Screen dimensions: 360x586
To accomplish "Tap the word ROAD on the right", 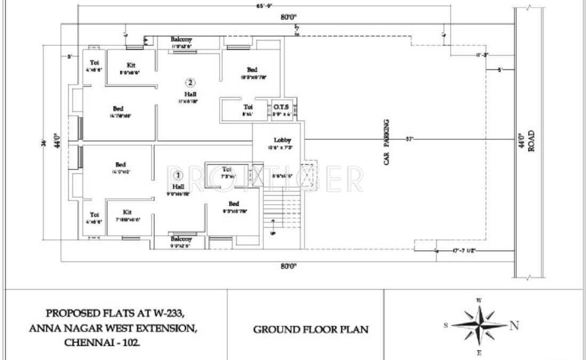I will click(x=531, y=142).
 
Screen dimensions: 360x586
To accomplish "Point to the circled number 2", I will click(x=190, y=82).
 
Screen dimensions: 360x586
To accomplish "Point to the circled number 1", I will click(x=179, y=175).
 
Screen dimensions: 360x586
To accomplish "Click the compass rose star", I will click(x=478, y=326).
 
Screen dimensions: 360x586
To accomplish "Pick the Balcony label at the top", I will click(x=181, y=39).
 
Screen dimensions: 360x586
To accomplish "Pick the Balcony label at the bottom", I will click(x=181, y=239).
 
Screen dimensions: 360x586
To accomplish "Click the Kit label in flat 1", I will click(x=127, y=212).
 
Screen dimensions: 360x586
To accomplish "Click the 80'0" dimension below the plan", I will click(x=288, y=267).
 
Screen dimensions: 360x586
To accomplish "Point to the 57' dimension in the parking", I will click(x=410, y=139).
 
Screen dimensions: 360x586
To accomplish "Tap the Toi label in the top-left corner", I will click(x=94, y=62).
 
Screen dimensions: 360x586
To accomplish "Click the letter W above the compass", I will click(x=478, y=300).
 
